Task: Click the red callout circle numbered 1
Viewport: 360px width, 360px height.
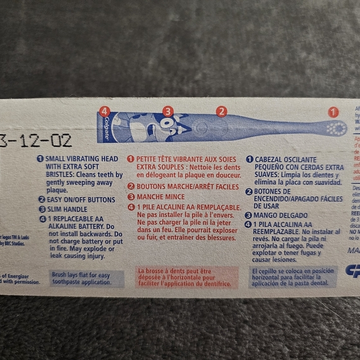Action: [333, 112]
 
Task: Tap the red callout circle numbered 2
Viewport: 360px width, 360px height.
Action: [221, 112]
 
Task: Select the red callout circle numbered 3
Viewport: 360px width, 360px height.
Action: [168, 112]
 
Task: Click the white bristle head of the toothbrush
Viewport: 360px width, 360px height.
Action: [336, 128]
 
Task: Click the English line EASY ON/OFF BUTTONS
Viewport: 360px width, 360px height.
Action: [80, 200]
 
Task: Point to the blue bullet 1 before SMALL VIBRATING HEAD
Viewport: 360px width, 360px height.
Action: [40, 159]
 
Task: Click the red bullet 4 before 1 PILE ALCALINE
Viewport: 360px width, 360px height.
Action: [130, 207]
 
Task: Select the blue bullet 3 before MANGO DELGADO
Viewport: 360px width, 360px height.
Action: [249, 215]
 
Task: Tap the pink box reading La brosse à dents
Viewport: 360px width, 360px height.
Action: [187, 277]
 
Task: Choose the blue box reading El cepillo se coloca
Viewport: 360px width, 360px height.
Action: [292, 277]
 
